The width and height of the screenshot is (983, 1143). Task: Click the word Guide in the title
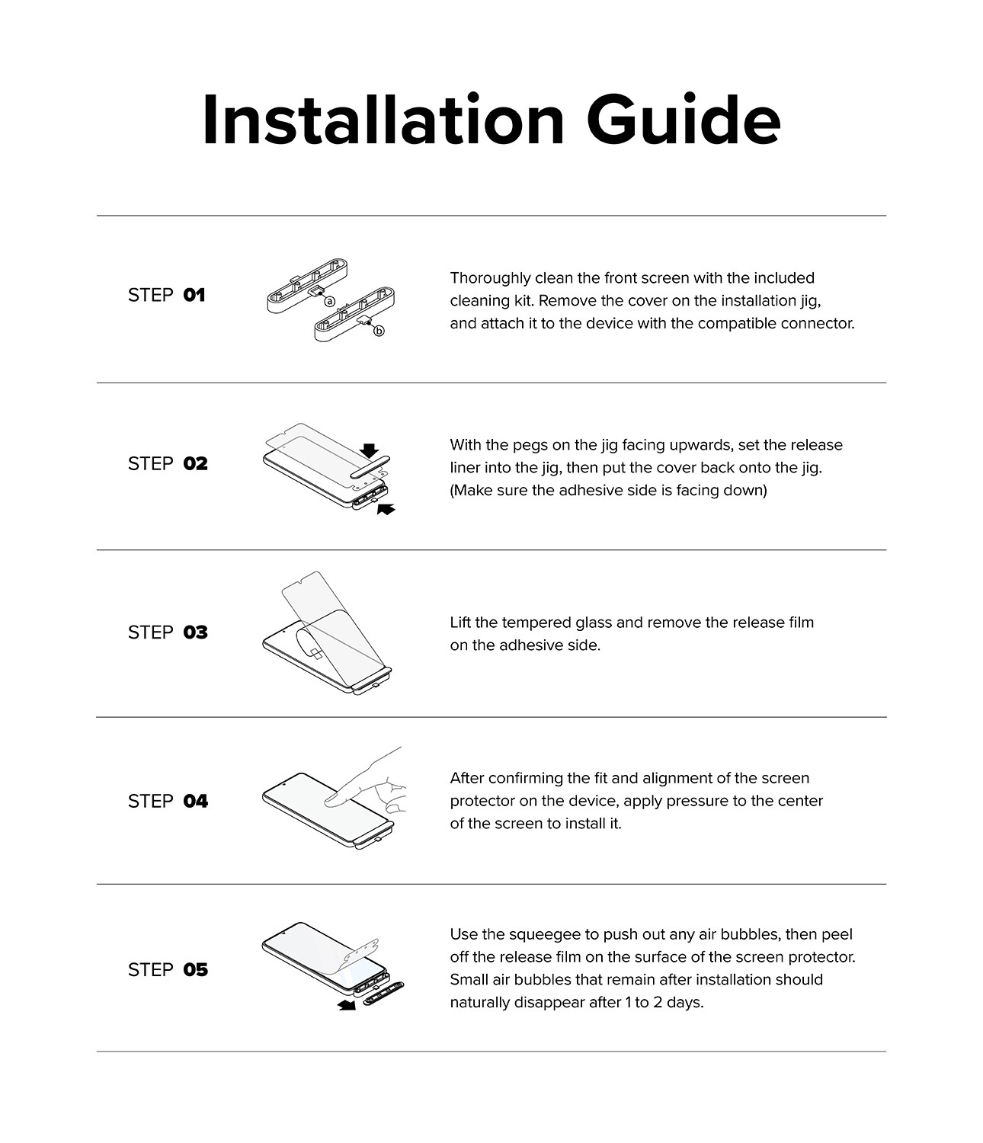coord(683,120)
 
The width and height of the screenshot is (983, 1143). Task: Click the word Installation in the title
coord(383,120)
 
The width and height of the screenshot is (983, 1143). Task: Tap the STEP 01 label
coord(166,296)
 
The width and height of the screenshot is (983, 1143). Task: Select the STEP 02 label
coord(168,463)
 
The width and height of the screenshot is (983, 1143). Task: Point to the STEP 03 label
coord(168,632)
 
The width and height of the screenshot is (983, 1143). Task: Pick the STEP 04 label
coord(168,801)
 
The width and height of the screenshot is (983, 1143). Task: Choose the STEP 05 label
coord(168,969)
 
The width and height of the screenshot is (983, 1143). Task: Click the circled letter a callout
coord(329,302)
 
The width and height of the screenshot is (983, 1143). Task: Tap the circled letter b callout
coord(379,331)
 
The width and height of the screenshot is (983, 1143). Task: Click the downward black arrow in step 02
coord(369,450)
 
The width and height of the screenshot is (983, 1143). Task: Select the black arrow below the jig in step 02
coord(386,509)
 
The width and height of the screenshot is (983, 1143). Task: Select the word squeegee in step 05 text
coord(545,934)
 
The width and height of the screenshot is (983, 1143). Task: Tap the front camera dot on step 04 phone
coord(284,784)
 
